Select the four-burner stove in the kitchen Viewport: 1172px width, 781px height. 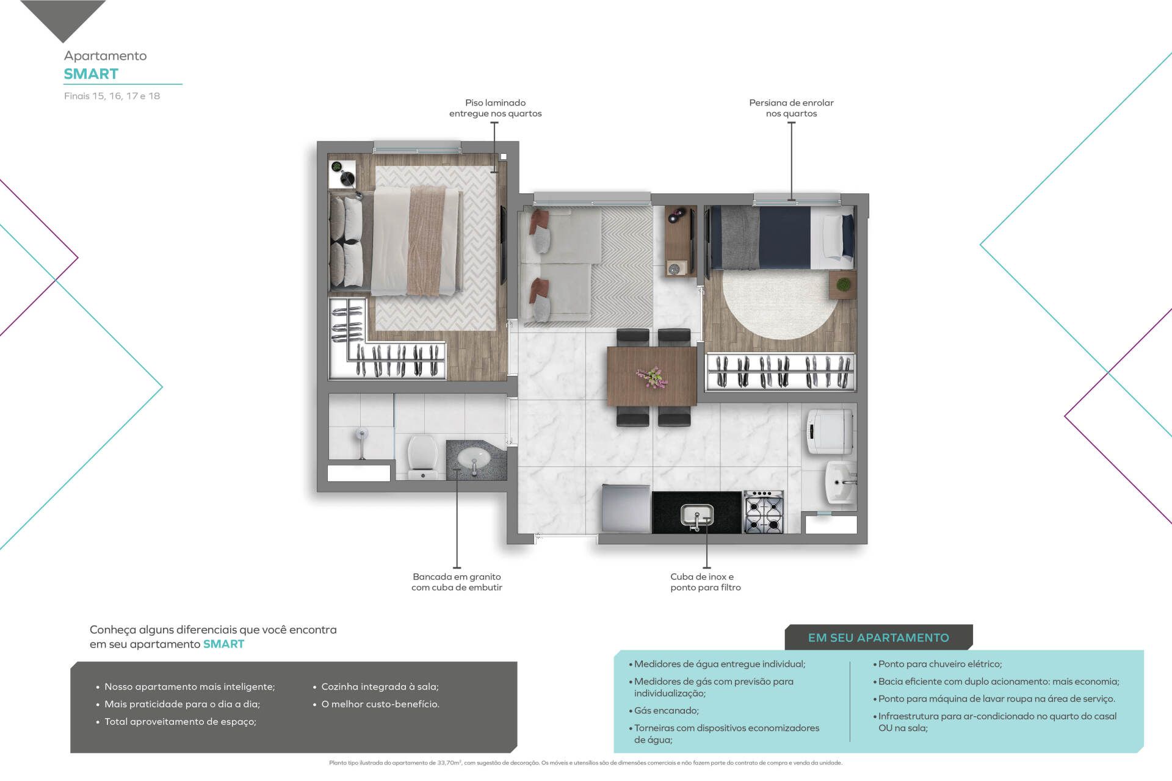pos(764,512)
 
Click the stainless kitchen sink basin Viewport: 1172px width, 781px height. pos(696,516)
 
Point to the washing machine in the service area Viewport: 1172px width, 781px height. pos(830,431)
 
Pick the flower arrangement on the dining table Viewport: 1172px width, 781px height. pos(652,376)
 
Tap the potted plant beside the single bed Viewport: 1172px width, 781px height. pos(843,284)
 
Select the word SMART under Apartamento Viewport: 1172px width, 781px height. pos(91,74)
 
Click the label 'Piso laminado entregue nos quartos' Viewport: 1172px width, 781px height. pos(496,108)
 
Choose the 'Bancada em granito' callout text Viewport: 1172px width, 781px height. pos(457,577)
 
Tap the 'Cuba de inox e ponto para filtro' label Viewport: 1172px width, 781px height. pos(706,582)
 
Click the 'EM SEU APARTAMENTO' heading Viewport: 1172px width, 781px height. pos(878,638)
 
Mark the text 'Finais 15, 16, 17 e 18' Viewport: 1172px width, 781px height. pos(112,96)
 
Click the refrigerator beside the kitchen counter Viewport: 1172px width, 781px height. pos(626,508)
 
